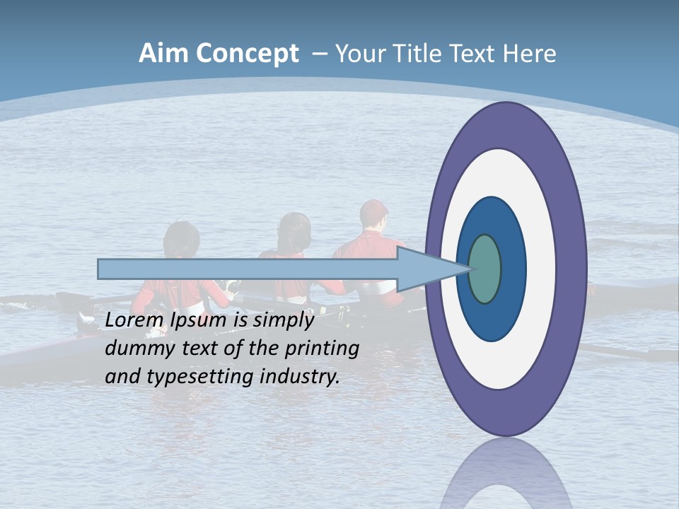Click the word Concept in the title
[246, 54]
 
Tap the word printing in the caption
[322, 349]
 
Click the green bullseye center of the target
[484, 269]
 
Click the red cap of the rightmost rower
[373, 209]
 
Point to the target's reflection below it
[506, 477]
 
